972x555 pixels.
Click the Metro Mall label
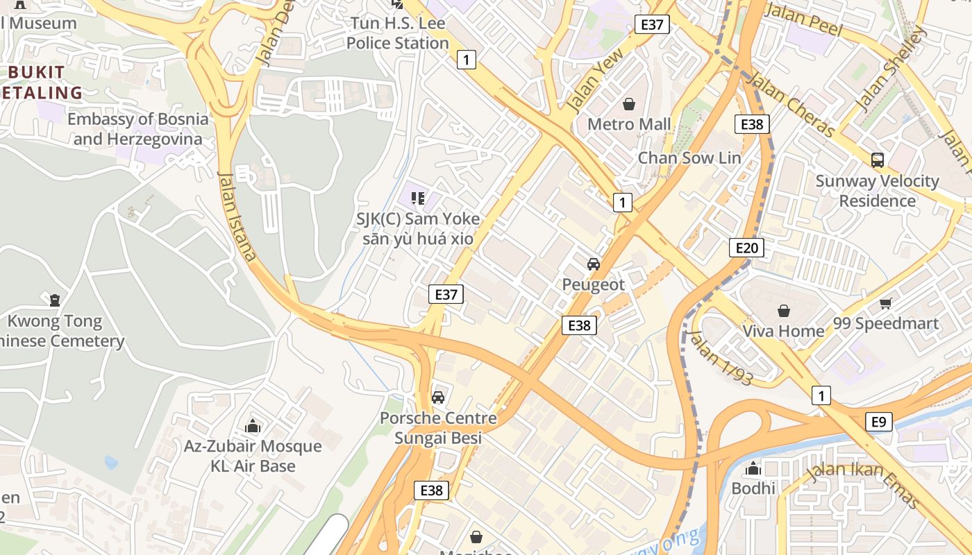tap(629, 124)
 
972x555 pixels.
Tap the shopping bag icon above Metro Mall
tap(629, 104)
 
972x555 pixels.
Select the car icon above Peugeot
tap(594, 264)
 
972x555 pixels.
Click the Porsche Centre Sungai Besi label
tap(438, 428)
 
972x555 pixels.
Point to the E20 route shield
tap(746, 248)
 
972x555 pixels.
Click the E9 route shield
tap(879, 422)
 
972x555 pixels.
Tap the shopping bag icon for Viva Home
tap(784, 311)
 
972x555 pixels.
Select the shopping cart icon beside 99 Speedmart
tap(886, 303)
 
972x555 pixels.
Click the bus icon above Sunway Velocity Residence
tap(878, 160)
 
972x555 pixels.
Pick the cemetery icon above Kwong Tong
tap(55, 300)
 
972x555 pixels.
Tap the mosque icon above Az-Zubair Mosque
tap(253, 426)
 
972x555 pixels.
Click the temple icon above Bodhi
tap(753, 469)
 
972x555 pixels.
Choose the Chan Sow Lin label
tap(689, 157)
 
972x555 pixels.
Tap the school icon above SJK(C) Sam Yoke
tap(418, 199)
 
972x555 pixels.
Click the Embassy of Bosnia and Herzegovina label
tap(137, 129)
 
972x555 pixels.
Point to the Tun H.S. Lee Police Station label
tap(398, 33)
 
